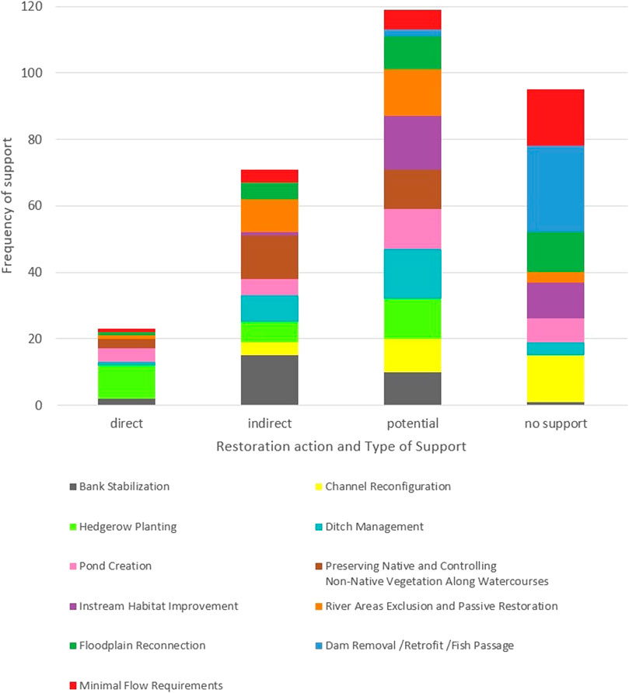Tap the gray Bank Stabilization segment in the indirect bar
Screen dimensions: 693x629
click(x=269, y=380)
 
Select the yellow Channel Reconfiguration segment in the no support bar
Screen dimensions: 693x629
click(x=555, y=378)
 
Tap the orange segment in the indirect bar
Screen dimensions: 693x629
click(x=269, y=215)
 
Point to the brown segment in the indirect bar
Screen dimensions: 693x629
click(x=269, y=256)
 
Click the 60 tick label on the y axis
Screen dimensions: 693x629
click(x=36, y=206)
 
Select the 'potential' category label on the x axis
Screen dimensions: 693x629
click(x=412, y=424)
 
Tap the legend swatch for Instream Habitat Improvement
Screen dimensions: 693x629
click(x=72, y=607)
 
